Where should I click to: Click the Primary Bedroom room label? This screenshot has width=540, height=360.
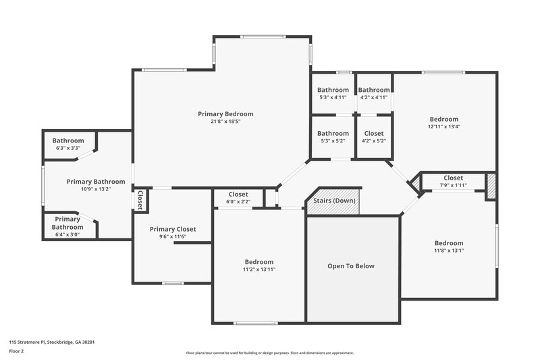(225, 113)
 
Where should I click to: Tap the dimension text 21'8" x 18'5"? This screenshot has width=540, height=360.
(225, 122)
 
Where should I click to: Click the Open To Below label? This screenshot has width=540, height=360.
(350, 266)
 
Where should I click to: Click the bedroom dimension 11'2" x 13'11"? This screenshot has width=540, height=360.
(259, 269)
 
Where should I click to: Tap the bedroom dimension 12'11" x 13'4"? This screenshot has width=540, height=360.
(443, 126)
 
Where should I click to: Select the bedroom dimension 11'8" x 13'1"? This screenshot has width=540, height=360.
(449, 251)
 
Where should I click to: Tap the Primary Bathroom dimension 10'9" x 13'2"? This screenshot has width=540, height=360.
(95, 189)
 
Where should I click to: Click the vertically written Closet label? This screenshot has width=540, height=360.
(140, 201)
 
